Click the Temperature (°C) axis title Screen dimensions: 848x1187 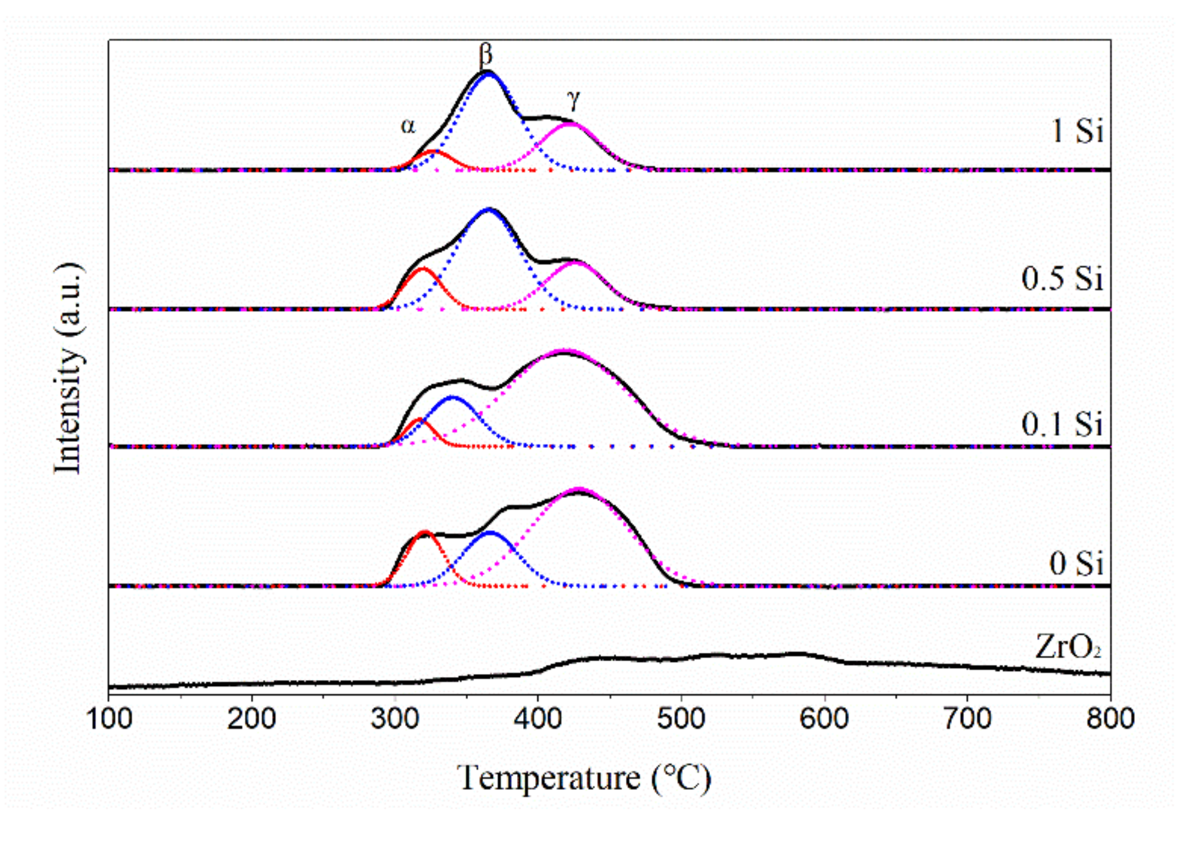(584, 778)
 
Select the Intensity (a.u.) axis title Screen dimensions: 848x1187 (68, 369)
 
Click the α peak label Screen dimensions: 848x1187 (408, 126)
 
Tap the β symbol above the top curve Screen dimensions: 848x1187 (486, 54)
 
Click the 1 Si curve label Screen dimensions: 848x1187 (1078, 131)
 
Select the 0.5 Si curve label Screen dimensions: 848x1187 (1062, 279)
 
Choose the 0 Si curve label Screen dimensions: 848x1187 (1076, 563)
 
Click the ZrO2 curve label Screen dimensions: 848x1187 (1068, 647)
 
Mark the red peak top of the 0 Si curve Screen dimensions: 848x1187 (424, 533)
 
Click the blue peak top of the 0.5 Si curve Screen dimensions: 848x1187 (489, 209)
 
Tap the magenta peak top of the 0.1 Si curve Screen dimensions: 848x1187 (565, 351)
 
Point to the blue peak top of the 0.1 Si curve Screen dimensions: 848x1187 (453, 397)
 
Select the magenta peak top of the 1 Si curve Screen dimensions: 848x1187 (570, 124)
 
